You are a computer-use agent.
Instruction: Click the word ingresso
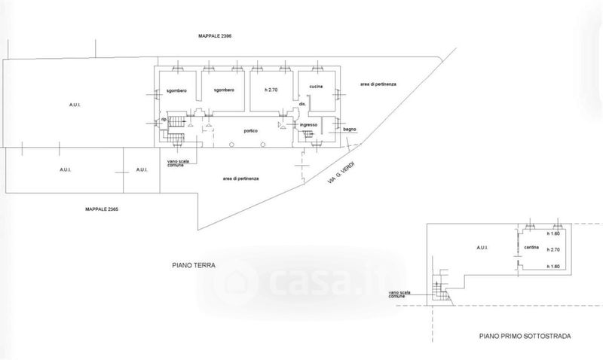point(308,124)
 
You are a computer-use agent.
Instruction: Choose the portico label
point(251,130)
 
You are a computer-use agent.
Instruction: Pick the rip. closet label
point(162,120)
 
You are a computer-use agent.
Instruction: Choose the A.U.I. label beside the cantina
point(482,246)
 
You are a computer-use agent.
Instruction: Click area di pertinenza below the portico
point(241,178)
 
